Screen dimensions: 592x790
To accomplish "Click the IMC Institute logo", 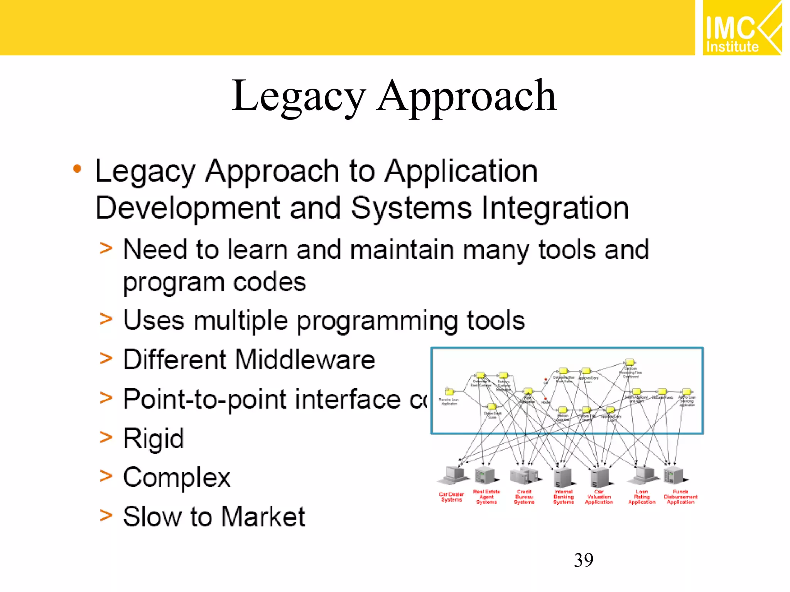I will (741, 28).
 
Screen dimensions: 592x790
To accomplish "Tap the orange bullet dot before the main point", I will (77, 169).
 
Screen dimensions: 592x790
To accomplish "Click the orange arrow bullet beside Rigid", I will (106, 437).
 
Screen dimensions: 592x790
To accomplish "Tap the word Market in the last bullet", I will (263, 517).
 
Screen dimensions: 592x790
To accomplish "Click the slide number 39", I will (583, 560).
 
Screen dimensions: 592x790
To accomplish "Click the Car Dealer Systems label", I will (451, 497).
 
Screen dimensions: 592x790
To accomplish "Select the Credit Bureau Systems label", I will (524, 497).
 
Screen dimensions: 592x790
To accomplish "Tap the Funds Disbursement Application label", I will (680, 497).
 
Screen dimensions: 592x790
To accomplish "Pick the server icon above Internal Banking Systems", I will (563, 477).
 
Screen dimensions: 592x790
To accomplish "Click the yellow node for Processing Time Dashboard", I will (630, 362).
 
